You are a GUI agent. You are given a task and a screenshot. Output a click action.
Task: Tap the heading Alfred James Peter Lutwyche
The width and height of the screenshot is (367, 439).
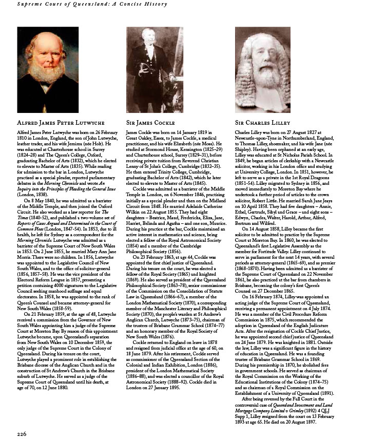61,123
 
